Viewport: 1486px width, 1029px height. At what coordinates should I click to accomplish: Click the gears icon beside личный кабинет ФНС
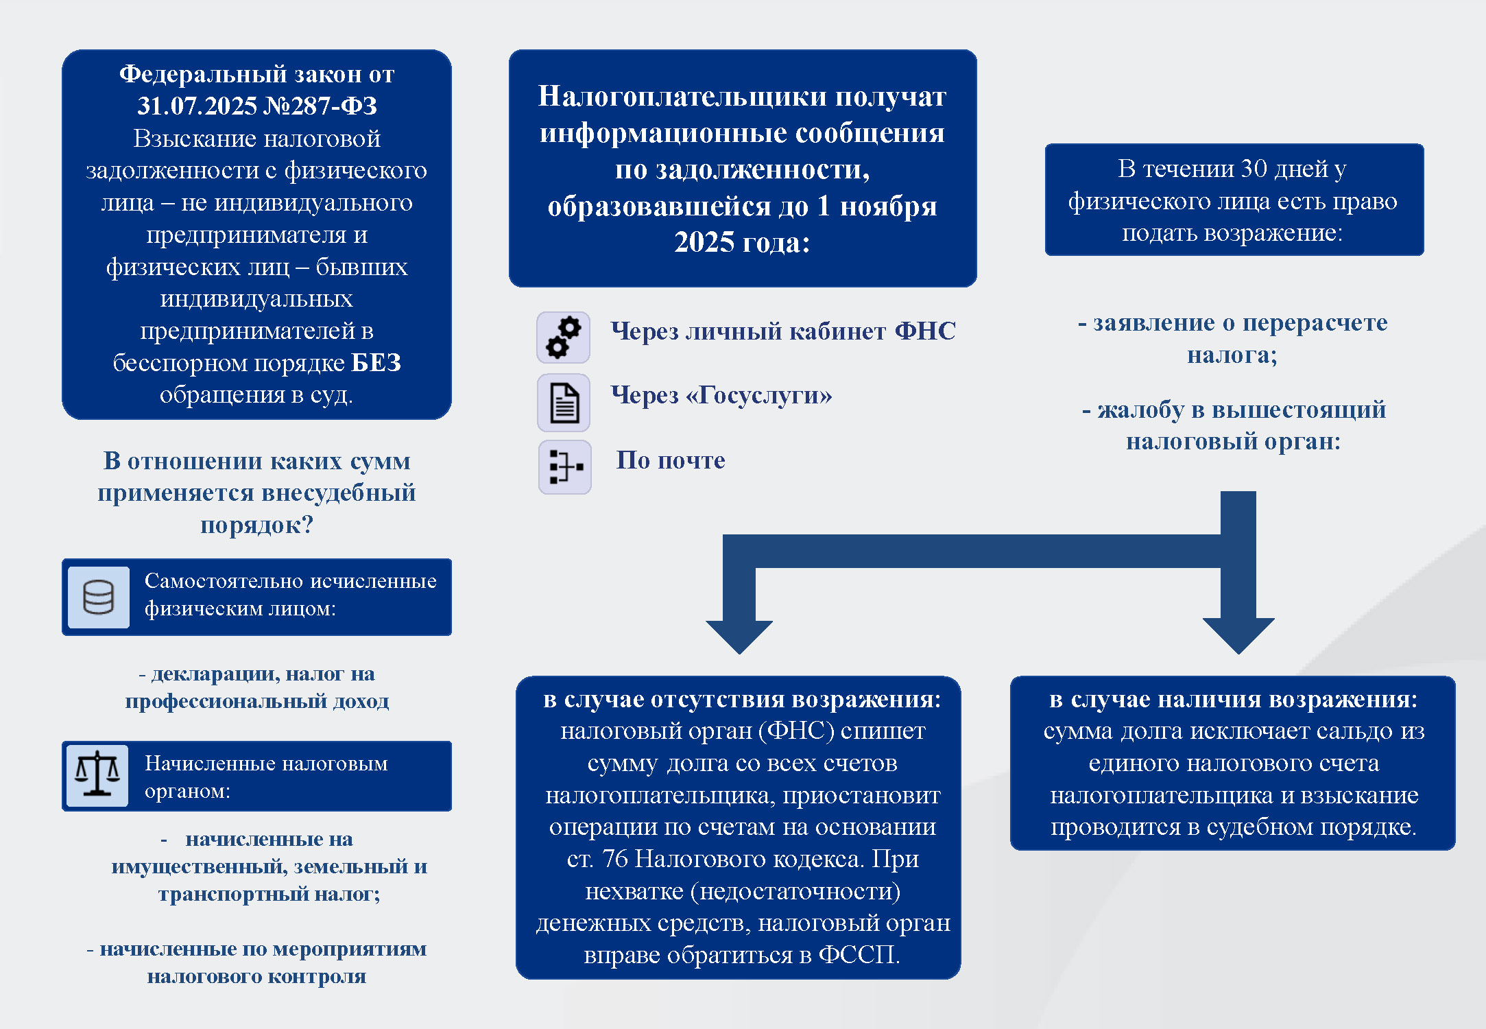tap(563, 337)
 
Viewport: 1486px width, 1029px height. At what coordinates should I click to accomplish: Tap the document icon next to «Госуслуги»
tap(564, 403)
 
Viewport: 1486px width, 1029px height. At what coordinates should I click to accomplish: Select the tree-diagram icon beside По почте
tap(565, 467)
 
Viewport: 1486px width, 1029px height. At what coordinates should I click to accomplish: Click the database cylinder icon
tap(99, 597)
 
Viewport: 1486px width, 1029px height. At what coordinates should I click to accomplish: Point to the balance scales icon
tap(97, 775)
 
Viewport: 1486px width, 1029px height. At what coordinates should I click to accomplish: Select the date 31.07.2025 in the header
tap(197, 106)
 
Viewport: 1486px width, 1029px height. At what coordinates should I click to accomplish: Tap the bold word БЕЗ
tap(376, 363)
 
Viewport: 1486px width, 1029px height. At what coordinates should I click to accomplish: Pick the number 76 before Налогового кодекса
tap(615, 859)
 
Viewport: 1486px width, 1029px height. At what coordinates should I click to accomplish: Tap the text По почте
tap(670, 460)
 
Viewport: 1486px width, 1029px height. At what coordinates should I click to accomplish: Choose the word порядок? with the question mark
tap(256, 525)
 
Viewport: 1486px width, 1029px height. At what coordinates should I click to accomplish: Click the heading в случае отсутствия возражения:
tap(741, 699)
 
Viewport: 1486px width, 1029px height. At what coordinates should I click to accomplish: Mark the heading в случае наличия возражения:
tap(1233, 699)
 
